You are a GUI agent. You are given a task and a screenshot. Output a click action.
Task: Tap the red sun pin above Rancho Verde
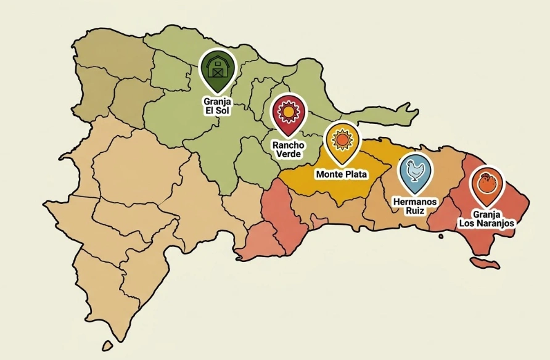(289, 113)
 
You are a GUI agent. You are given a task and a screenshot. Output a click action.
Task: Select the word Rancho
(289, 144)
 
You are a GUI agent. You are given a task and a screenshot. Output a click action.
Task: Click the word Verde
(289, 153)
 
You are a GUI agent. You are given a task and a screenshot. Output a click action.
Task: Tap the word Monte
(330, 174)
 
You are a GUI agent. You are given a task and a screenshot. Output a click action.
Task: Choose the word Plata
(356, 174)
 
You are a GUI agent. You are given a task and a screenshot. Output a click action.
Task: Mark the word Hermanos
(415, 202)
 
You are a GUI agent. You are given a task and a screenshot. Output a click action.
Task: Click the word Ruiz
(415, 211)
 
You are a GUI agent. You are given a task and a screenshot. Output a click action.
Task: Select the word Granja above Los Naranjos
(486, 214)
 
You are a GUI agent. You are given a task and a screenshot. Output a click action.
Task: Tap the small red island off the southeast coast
(485, 264)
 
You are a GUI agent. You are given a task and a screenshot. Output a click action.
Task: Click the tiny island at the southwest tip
(108, 346)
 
